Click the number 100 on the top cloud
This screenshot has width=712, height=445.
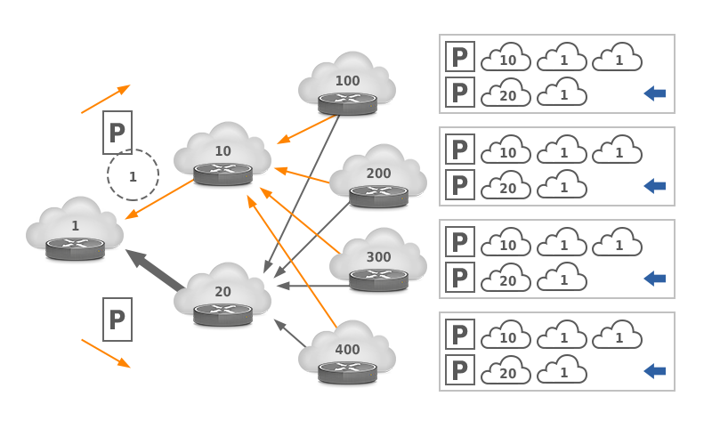coord(347,81)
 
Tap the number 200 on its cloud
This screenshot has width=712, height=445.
coord(378,174)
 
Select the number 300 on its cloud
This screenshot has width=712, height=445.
coord(378,257)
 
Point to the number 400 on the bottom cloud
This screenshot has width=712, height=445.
coord(347,350)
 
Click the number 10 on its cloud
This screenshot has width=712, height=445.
coord(222,151)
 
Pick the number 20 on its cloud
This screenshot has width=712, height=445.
coord(222,292)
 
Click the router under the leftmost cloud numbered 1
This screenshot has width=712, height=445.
coord(75,247)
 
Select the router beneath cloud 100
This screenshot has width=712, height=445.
coord(347,102)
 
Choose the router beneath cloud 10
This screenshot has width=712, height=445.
coord(222,173)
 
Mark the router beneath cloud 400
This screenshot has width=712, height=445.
coord(347,371)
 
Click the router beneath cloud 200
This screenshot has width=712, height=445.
coord(378,195)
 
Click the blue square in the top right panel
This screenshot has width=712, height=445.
coord(654,93)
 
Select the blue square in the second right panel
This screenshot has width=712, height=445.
coord(654,186)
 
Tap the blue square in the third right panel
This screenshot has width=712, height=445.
coord(654,279)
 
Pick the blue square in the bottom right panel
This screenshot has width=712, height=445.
coord(654,371)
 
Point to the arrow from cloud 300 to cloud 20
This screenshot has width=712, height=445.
coord(311,286)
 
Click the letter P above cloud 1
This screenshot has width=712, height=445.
coord(117,133)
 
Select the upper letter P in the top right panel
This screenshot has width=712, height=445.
coord(459,58)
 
